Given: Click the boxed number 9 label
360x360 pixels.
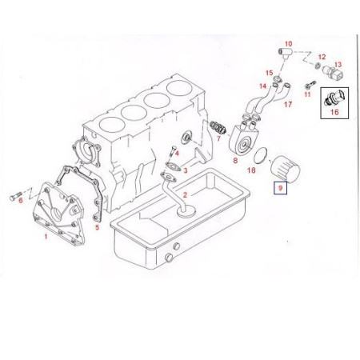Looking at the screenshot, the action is [280, 188].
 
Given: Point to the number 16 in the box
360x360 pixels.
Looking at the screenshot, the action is [334, 112].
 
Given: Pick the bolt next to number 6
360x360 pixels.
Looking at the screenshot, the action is [16, 197].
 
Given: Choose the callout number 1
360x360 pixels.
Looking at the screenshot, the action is [46, 236].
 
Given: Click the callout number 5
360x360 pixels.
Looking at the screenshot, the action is [97, 227].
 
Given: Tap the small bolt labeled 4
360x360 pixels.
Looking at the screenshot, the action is [173, 151].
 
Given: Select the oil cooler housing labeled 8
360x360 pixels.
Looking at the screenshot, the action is [242, 139].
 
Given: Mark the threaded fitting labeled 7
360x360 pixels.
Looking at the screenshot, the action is [218, 128].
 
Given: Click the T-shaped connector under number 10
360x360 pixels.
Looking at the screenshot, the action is [286, 52].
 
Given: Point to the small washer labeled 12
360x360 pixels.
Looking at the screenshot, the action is [318, 65].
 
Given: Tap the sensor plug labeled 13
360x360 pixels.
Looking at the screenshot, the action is [333, 74].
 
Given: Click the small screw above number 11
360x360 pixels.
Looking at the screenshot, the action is [310, 85].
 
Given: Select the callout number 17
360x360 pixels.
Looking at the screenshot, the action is [288, 104].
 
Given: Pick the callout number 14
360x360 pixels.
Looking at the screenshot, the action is [262, 86].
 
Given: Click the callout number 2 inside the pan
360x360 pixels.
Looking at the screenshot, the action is [185, 195].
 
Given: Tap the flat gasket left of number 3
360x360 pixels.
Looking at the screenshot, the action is [173, 166].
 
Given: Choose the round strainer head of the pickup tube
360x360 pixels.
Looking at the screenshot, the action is [186, 211].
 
